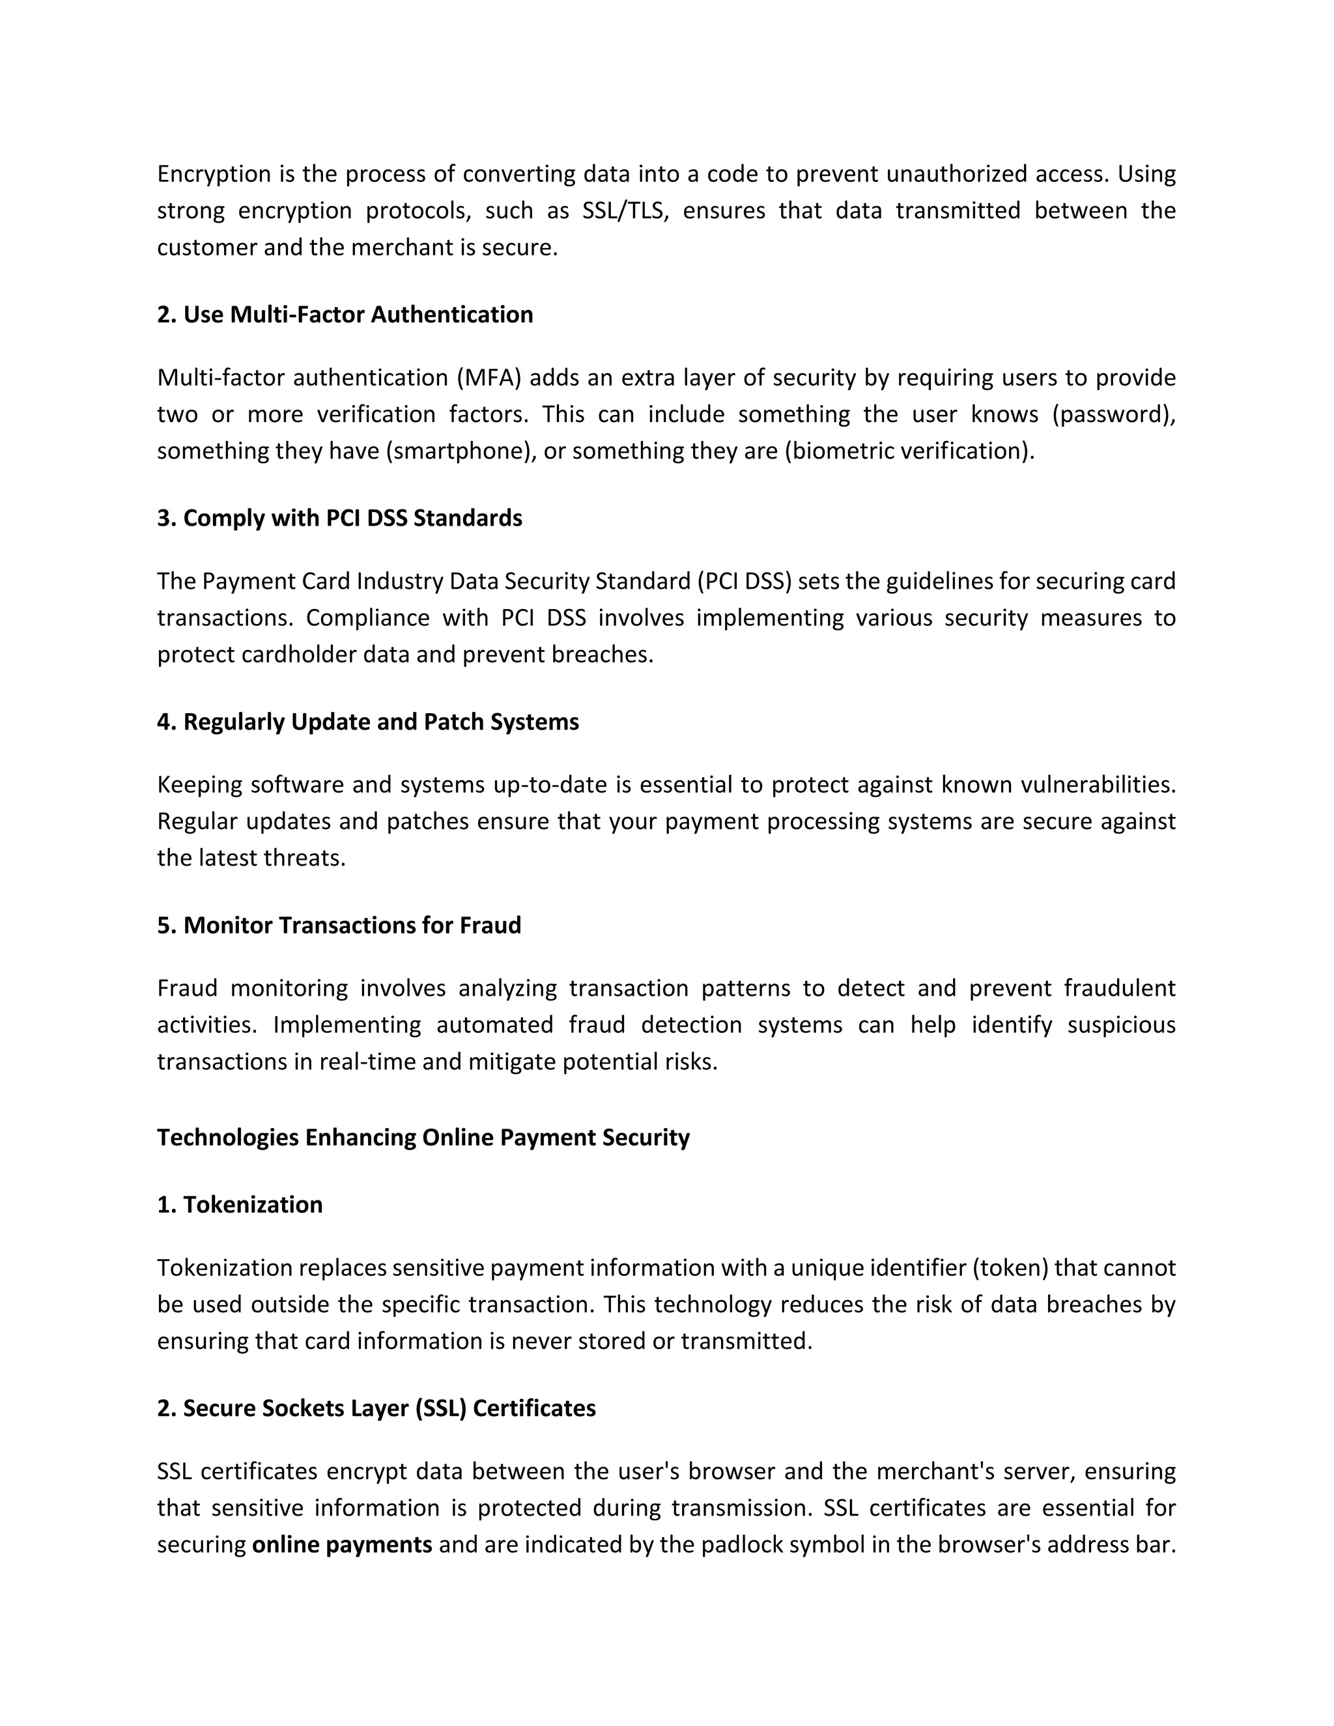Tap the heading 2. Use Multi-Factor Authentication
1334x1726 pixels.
coord(345,315)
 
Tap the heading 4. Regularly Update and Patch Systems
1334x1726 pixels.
coord(367,722)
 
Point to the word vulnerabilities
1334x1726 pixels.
coord(1098,785)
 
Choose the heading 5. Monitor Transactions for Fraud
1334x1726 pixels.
coord(339,926)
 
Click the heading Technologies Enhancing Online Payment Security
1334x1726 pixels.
coord(423,1137)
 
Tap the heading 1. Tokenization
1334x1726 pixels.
coord(240,1204)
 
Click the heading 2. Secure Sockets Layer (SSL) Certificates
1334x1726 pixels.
coord(376,1408)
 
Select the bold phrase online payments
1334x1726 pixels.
coord(342,1544)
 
